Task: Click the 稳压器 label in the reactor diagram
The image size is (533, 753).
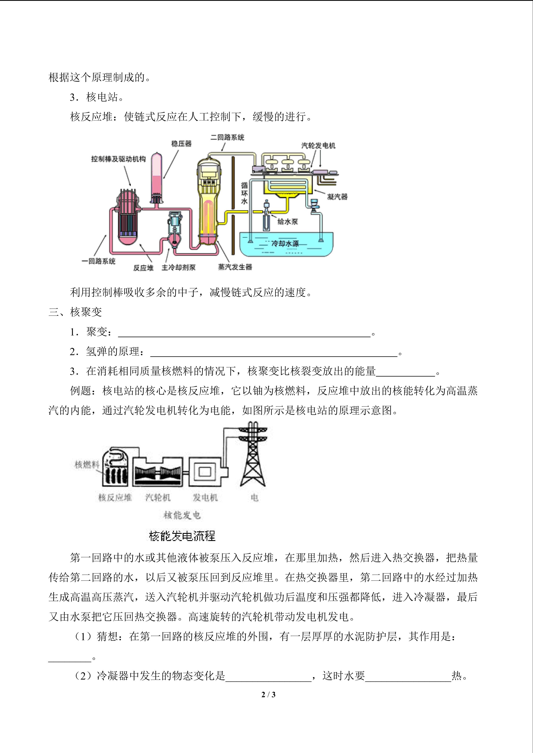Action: [x=181, y=143]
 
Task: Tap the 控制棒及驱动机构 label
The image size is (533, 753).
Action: [x=118, y=159]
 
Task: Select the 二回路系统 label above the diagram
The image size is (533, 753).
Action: [x=227, y=137]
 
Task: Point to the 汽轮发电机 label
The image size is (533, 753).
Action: [x=318, y=146]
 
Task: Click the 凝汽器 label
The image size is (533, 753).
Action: [x=337, y=197]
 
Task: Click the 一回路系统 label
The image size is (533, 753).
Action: [x=98, y=261]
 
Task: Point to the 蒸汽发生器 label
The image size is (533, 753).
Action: [x=235, y=267]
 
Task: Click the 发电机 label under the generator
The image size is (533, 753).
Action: [x=205, y=498]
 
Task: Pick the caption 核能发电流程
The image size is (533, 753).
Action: [x=182, y=536]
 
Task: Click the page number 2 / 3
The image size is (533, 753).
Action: [x=268, y=694]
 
